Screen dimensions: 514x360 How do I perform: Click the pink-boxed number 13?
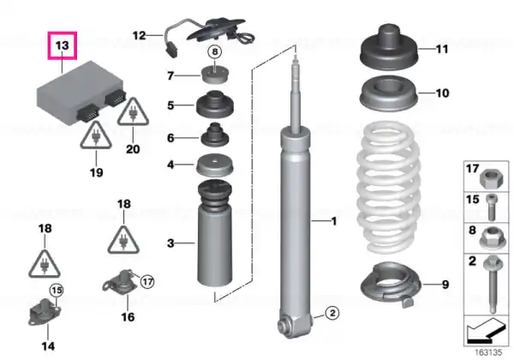click(x=63, y=45)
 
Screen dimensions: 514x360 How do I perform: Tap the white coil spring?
click(x=388, y=187)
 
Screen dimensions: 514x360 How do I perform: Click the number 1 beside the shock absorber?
click(x=334, y=221)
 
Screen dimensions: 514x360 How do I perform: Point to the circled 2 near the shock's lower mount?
click(x=332, y=313)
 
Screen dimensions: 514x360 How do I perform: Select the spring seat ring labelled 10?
click(x=389, y=93)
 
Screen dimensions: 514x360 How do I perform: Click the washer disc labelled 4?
click(x=214, y=165)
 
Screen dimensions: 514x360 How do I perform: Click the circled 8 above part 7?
click(x=215, y=51)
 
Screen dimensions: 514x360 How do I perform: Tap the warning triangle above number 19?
click(x=96, y=136)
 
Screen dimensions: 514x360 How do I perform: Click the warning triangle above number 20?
click(x=133, y=112)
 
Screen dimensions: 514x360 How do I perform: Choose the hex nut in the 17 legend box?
click(x=489, y=178)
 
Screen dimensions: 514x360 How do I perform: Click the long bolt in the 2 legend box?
click(x=492, y=284)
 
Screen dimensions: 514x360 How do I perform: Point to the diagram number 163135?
click(x=488, y=352)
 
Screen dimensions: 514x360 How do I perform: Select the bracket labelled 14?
click(x=45, y=312)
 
